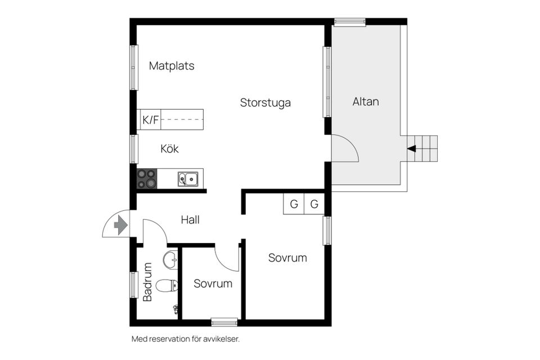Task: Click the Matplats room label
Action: [172, 66]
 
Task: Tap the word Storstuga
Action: [265, 103]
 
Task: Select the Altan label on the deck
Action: [366, 102]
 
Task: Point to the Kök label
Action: [169, 149]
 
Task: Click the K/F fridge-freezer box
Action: [150, 120]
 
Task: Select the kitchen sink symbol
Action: [188, 179]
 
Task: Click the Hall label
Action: [190, 220]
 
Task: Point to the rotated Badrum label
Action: [147, 282]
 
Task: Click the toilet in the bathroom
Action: [166, 286]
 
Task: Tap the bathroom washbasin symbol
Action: [170, 260]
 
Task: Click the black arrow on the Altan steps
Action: [412, 149]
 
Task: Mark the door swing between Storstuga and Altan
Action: [344, 149]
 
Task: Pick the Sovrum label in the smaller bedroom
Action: [213, 283]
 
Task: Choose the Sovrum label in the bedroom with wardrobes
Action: [287, 258]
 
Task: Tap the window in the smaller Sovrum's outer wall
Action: [224, 322]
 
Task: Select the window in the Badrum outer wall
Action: [134, 285]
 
